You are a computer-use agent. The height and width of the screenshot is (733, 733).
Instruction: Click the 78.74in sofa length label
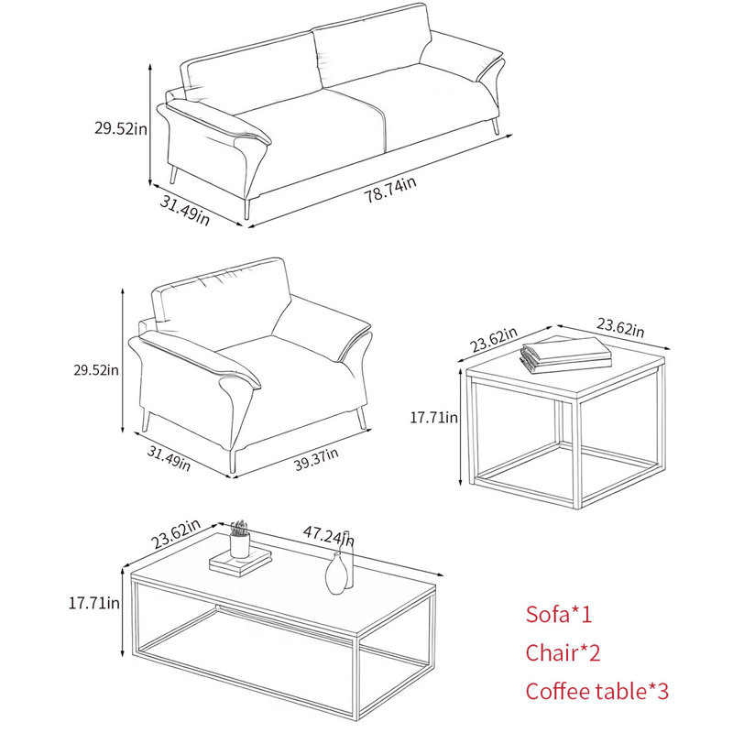[x=390, y=190]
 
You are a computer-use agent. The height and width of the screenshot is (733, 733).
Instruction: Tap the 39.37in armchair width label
[x=316, y=459]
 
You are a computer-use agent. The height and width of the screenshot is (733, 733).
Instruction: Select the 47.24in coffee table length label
[x=329, y=536]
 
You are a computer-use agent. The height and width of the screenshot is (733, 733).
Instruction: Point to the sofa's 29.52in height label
[x=121, y=128]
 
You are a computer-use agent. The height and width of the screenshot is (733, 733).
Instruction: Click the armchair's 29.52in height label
[x=96, y=370]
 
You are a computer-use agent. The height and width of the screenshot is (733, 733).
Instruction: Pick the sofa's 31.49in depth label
[x=185, y=211]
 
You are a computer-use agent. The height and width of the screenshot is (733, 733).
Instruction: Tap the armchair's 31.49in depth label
[x=169, y=458]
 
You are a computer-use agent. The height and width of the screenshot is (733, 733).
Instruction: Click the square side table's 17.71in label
[x=433, y=417]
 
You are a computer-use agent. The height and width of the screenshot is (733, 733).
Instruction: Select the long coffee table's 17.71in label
[x=94, y=603]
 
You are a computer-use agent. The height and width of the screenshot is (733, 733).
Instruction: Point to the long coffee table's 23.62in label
[x=175, y=534]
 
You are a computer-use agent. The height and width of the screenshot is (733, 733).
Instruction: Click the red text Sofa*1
[x=559, y=614]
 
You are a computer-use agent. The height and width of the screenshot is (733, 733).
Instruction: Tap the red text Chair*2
[x=563, y=652]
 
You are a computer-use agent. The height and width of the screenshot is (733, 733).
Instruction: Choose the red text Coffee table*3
[x=597, y=691]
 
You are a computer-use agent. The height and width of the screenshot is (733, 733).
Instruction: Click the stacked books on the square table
[x=565, y=355]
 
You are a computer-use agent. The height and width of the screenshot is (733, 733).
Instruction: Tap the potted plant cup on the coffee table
[x=239, y=540]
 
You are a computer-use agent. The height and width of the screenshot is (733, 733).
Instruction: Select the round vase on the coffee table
[x=336, y=574]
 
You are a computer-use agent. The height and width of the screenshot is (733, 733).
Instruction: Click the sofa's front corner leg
[x=247, y=209]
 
